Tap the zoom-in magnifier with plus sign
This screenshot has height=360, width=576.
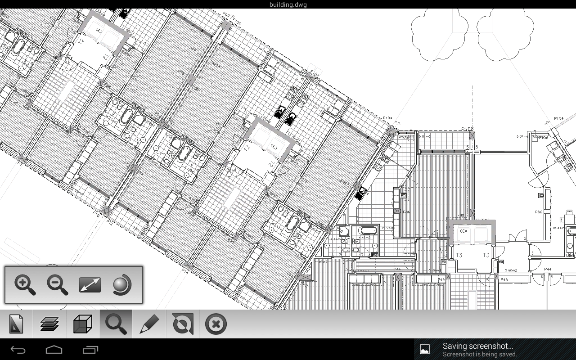pyautogui.click(x=25, y=285)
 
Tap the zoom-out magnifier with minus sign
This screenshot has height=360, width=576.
pyautogui.click(x=58, y=285)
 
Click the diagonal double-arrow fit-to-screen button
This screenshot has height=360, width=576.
pyautogui.click(x=90, y=285)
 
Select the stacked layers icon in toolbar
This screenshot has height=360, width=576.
pyautogui.click(x=49, y=324)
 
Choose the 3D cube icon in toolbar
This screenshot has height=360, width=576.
pyautogui.click(x=82, y=324)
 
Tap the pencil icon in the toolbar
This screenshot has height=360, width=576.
pyautogui.click(x=149, y=324)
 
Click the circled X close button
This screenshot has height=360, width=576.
pyautogui.click(x=216, y=324)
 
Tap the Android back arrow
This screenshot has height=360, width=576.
pyautogui.click(x=18, y=350)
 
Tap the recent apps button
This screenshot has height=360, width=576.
pyautogui.click(x=90, y=350)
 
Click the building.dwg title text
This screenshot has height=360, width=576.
pyautogui.click(x=288, y=4)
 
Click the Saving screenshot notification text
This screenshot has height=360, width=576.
pyautogui.click(x=478, y=346)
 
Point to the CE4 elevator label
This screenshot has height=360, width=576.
pyautogui.click(x=463, y=231)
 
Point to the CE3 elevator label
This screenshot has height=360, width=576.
pyautogui.click(x=274, y=147)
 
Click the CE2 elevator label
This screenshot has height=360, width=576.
pyautogui.click(x=99, y=31)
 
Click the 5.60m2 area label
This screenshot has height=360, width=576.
pyautogui.click(x=511, y=270)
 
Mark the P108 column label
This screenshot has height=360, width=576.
pyautogui.click(x=467, y=129)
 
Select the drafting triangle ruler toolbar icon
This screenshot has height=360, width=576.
pyautogui.click(x=16, y=324)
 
